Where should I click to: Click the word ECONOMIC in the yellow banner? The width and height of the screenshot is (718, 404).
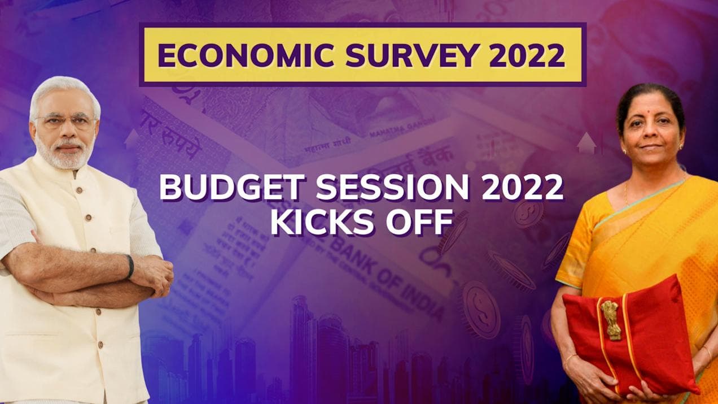tap(230, 55)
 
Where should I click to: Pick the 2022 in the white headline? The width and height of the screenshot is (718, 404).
tap(522, 188)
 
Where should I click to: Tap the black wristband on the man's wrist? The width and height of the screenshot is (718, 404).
tap(130, 266)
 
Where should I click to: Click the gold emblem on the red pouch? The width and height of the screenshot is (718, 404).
tap(610, 319)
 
